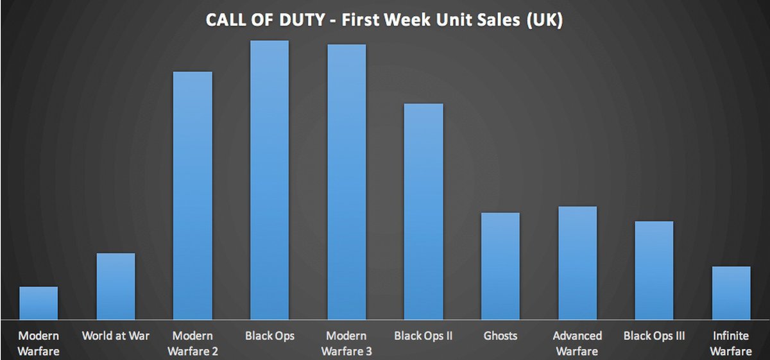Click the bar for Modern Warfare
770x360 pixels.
[x=38, y=303]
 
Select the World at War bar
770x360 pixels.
[x=116, y=286]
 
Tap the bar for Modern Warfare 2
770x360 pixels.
[x=193, y=195]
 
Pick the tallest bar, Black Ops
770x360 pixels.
[x=269, y=180]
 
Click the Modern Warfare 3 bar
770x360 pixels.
[x=346, y=182]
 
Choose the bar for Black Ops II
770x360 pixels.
[x=424, y=211]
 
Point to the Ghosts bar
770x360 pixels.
[x=501, y=266]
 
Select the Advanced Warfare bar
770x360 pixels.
[x=577, y=262]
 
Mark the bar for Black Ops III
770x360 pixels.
[x=654, y=270]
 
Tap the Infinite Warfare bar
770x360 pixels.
[x=731, y=293]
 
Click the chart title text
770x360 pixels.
[x=384, y=20]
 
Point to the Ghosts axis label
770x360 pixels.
[x=501, y=336]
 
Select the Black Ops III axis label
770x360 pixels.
[x=654, y=336]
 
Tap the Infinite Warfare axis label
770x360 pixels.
[x=731, y=343]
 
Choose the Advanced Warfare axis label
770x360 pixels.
[x=577, y=343]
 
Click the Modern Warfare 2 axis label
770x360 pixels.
[x=193, y=343]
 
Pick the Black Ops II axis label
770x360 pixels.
[x=424, y=336]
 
